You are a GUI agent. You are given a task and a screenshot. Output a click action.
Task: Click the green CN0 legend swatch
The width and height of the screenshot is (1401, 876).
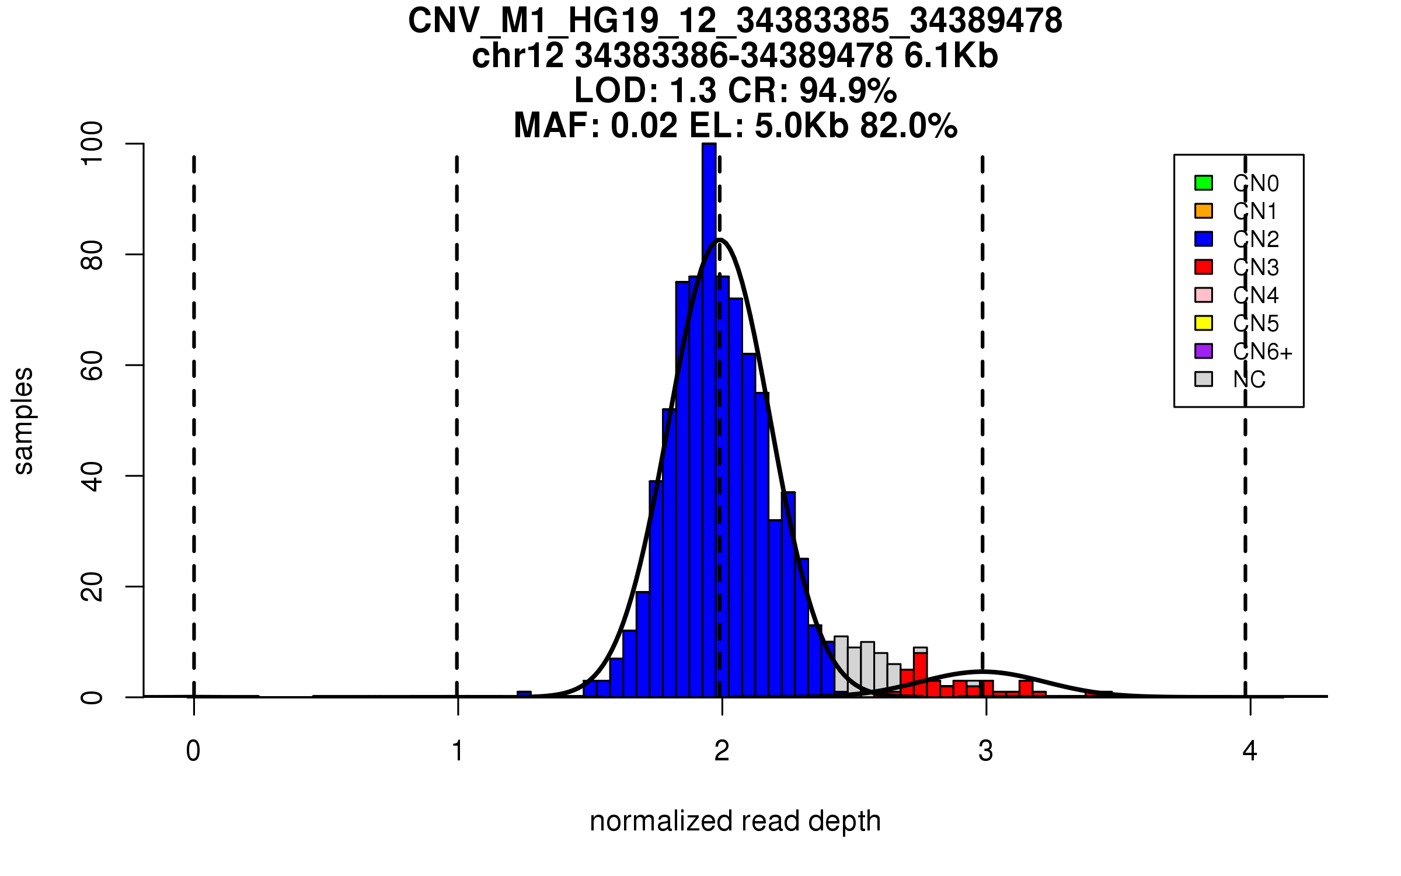(x=1204, y=183)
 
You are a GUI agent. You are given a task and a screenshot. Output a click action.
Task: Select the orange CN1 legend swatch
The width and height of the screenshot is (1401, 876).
(x=1204, y=211)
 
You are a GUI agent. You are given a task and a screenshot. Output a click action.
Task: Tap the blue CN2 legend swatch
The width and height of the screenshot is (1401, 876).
(x=1204, y=239)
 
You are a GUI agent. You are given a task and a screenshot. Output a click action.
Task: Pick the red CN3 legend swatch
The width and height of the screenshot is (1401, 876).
(x=1204, y=267)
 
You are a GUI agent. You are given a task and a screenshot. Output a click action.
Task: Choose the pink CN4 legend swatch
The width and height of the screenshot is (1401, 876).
(x=1204, y=295)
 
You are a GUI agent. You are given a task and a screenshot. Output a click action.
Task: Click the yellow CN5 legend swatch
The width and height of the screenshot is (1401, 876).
(x=1204, y=323)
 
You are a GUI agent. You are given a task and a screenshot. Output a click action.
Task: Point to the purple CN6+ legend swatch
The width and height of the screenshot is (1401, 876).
(x=1204, y=351)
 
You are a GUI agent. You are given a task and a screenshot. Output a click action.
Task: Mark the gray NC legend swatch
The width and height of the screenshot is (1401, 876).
(x=1204, y=379)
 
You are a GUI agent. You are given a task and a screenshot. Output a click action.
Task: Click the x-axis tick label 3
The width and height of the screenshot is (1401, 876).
(x=986, y=751)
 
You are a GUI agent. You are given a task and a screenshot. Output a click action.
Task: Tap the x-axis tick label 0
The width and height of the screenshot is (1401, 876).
(x=193, y=751)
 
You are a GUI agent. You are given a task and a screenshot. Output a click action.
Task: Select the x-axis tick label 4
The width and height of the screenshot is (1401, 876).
(x=1250, y=751)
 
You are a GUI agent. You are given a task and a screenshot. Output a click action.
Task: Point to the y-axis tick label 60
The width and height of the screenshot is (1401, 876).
(x=92, y=366)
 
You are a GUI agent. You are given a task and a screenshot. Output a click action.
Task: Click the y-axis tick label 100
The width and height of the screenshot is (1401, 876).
(x=92, y=144)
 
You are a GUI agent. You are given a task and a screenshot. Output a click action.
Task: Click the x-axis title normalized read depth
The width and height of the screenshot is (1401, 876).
(x=735, y=822)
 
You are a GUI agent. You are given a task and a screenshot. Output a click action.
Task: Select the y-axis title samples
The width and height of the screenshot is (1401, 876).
(x=23, y=420)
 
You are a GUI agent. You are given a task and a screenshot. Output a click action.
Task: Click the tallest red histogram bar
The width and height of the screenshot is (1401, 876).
(x=921, y=675)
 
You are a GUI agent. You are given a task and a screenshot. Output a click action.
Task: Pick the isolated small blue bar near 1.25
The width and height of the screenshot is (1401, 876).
(x=524, y=694)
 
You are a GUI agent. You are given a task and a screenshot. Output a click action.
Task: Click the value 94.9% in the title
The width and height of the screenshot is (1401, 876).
(x=848, y=91)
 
